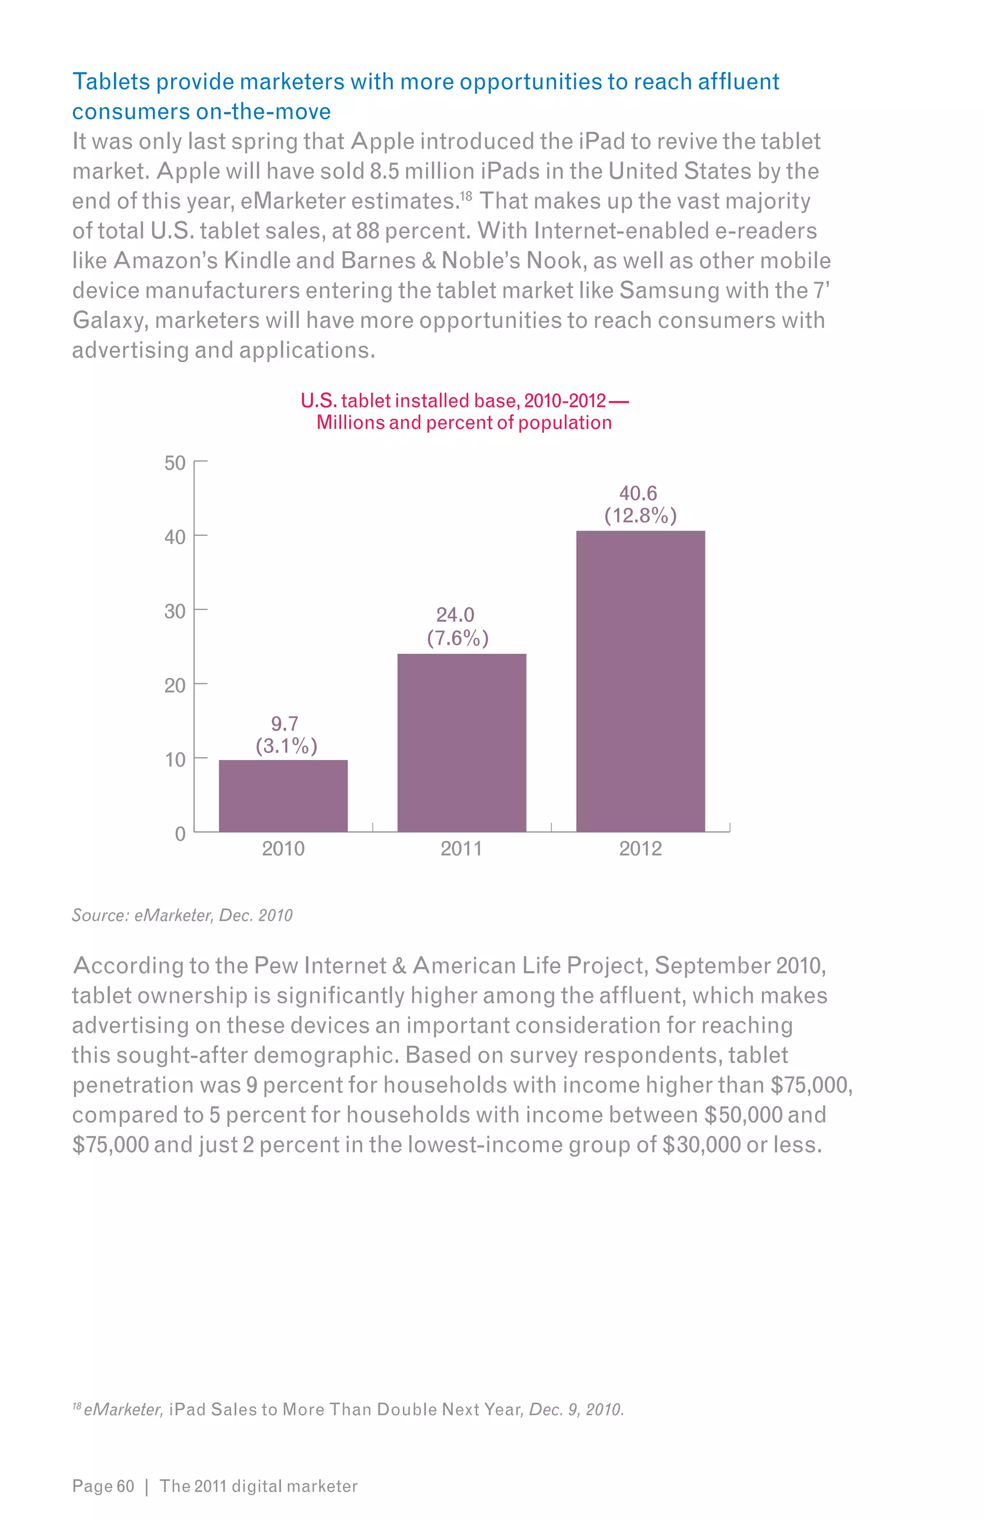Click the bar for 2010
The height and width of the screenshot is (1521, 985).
[x=283, y=796]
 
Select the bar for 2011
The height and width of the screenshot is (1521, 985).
[x=462, y=743]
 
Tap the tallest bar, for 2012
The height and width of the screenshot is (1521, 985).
[x=641, y=681]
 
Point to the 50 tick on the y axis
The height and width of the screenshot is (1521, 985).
[x=175, y=462]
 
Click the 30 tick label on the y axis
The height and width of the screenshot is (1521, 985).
[x=175, y=611]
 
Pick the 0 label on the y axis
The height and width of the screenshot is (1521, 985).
[x=180, y=834]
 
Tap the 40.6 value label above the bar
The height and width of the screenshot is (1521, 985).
[x=638, y=493]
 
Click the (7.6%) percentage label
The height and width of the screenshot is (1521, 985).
[x=458, y=638]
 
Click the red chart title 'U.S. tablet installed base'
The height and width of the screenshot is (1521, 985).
[x=464, y=401]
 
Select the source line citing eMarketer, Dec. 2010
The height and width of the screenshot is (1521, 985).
[x=182, y=915]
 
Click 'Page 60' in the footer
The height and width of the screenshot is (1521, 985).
[x=103, y=1486]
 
